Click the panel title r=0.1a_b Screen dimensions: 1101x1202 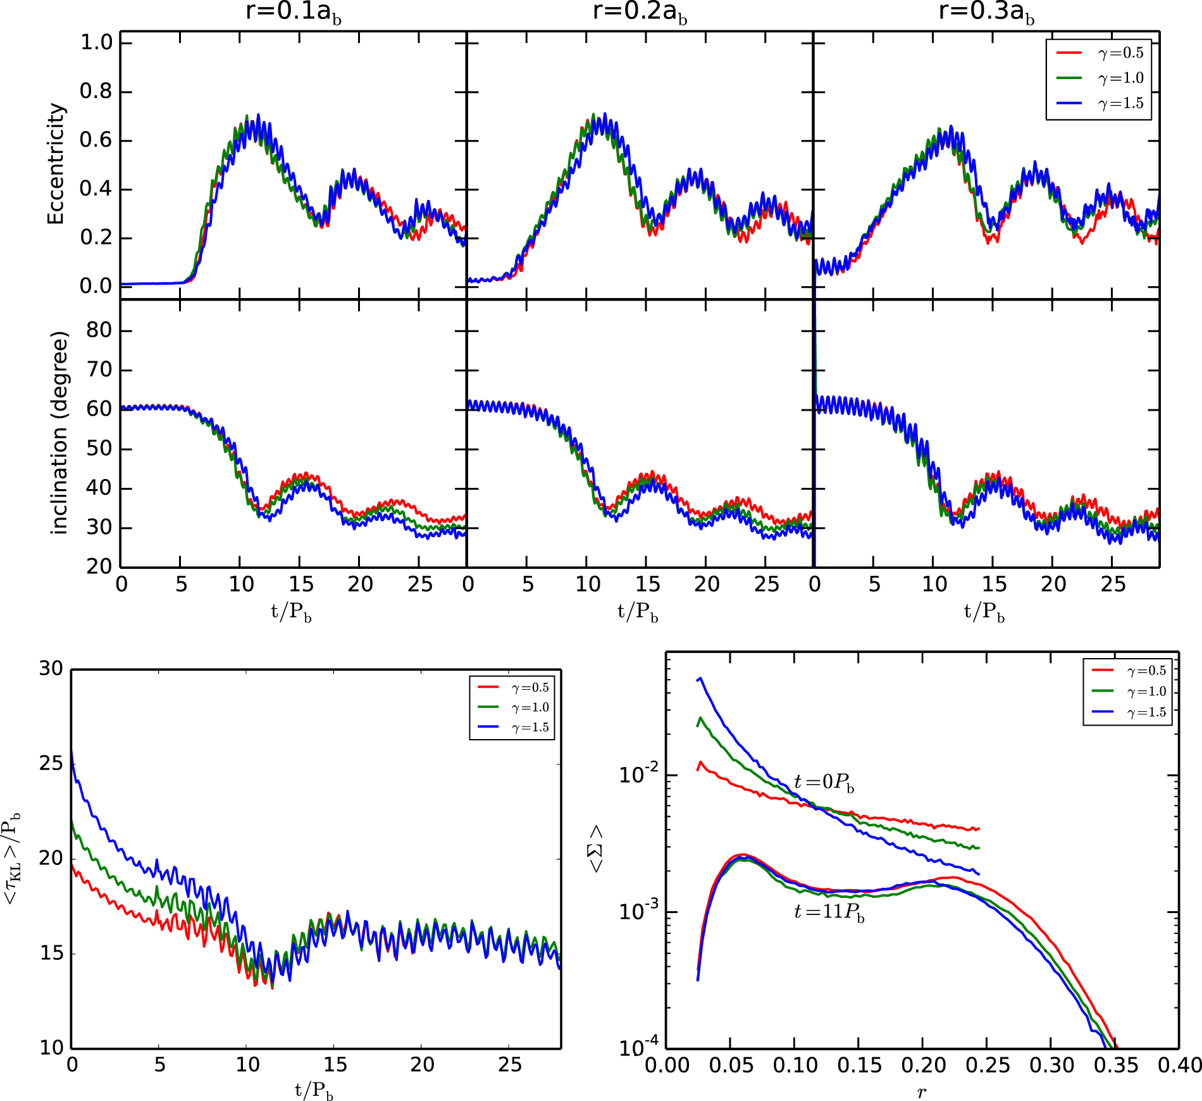pos(293,12)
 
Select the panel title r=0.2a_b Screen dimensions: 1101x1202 pos(639,12)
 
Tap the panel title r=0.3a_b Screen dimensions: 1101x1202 pos(986,12)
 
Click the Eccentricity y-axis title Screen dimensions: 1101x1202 pos(56,164)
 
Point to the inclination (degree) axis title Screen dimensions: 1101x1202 pos(59,433)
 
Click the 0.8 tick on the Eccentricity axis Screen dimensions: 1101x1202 pos(96,92)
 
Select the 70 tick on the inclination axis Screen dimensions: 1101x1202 pos(99,370)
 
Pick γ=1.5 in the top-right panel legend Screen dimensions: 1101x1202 pos(1120,103)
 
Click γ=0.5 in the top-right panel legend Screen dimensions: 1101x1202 pos(1120,53)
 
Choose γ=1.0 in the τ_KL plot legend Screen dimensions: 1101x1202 pos(530,707)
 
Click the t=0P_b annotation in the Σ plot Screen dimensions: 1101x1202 pos(824,783)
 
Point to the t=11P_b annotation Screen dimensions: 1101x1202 pos(829,912)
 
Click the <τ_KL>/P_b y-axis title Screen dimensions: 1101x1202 pos(13,858)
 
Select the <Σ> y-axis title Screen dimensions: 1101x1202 pos(596,850)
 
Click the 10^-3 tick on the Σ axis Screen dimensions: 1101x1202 pos(638,911)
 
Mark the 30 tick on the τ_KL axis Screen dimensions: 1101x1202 pos(51,669)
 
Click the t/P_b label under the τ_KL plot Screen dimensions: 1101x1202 pos(314,1090)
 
